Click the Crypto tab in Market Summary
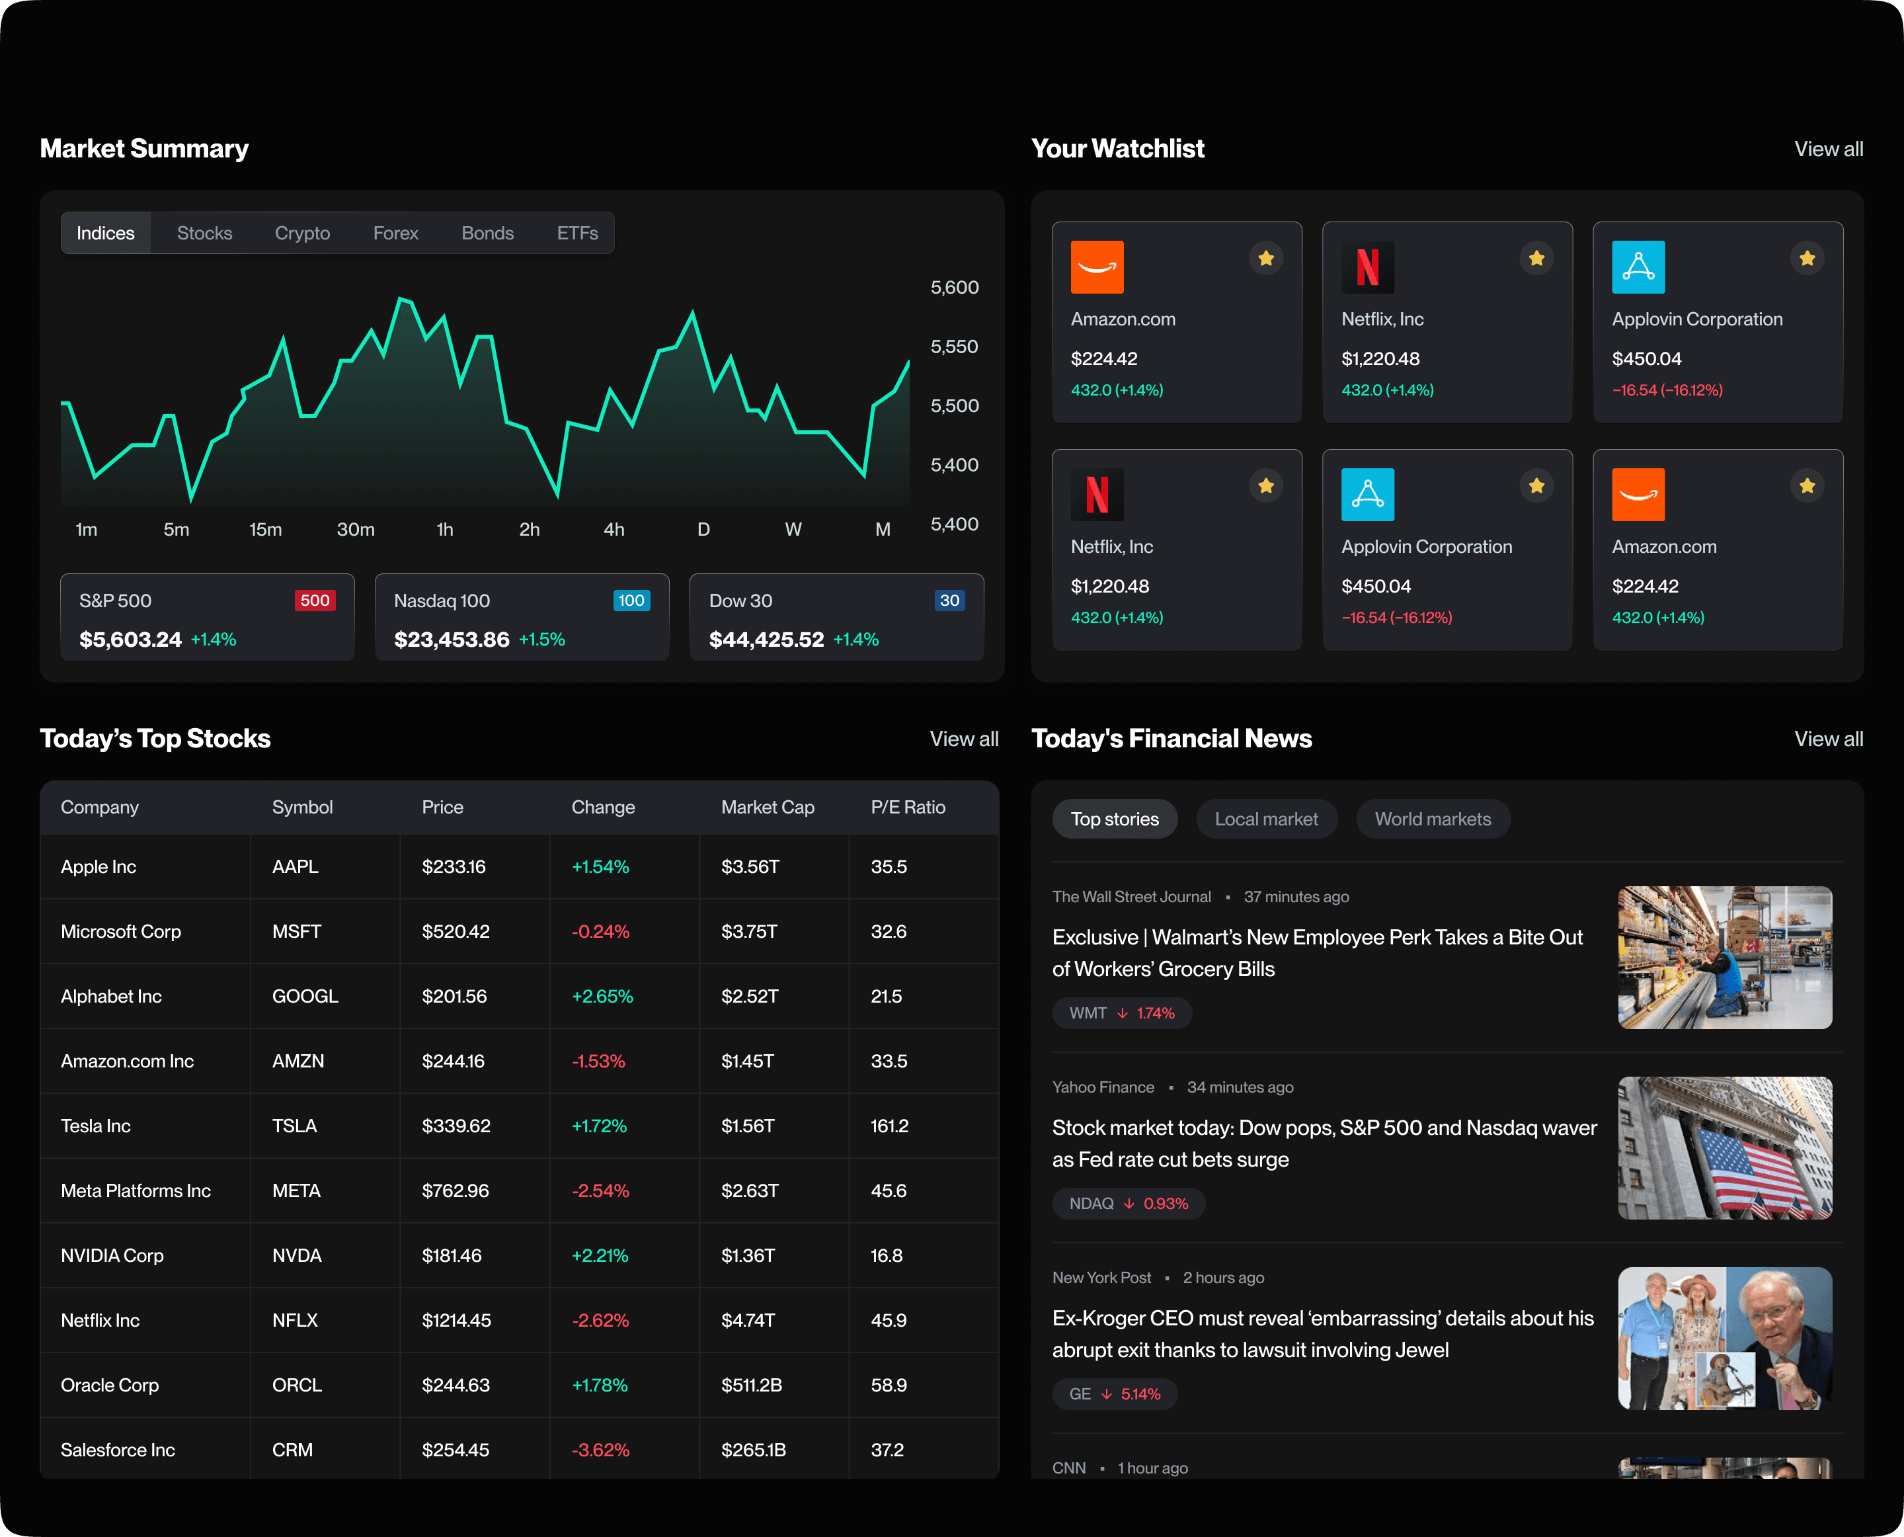(x=302, y=233)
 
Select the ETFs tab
(x=577, y=233)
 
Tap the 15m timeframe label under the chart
(x=266, y=530)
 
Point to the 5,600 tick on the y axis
(x=954, y=288)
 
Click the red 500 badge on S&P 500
(x=314, y=601)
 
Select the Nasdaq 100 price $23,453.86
(x=452, y=640)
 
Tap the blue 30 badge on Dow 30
(x=949, y=601)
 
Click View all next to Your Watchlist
(x=1828, y=149)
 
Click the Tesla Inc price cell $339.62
(x=456, y=1126)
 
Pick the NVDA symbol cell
(x=297, y=1255)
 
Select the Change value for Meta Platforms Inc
(x=600, y=1191)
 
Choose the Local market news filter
(x=1266, y=819)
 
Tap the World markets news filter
(x=1432, y=819)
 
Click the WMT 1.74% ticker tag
(x=1121, y=1013)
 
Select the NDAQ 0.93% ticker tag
(x=1128, y=1203)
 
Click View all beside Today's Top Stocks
(x=963, y=739)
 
